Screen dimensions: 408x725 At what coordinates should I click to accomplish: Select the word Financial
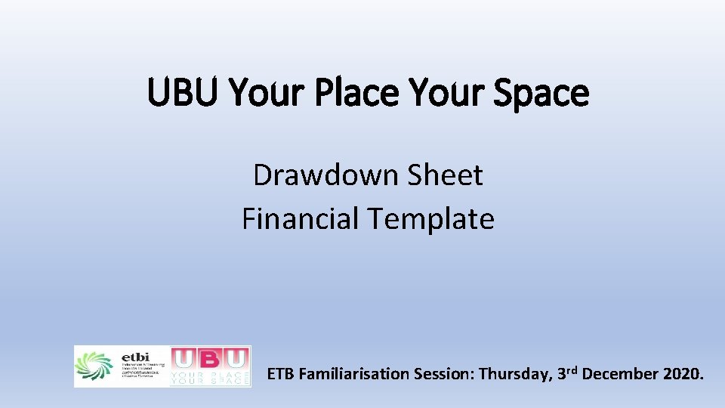tap(301, 219)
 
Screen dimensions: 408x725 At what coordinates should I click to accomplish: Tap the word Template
tap(431, 219)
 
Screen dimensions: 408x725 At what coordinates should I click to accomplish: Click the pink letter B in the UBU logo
tap(210, 359)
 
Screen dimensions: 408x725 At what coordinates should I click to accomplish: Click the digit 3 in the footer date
tap(562, 374)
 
